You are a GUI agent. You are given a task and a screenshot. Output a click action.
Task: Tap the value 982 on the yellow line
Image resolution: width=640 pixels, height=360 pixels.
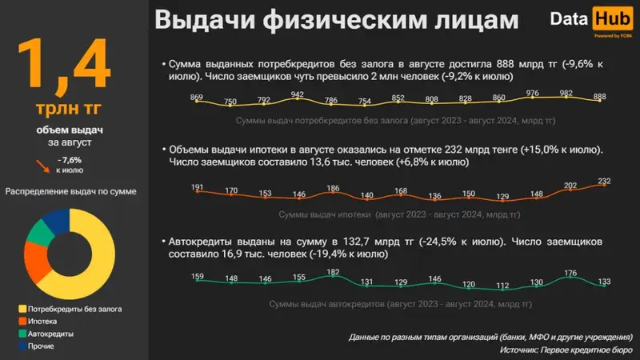(x=567, y=94)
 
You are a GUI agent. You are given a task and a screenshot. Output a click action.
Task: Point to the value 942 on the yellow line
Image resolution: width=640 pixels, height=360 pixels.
(x=298, y=94)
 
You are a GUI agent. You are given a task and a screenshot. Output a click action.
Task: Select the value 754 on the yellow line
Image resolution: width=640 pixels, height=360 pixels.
(x=364, y=102)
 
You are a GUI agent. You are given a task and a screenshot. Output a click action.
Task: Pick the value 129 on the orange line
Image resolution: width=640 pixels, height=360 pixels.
(x=502, y=197)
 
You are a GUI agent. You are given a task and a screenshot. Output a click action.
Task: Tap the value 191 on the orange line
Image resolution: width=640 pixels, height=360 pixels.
(x=198, y=188)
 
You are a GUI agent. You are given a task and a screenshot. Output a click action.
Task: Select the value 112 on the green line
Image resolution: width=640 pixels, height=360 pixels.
(x=502, y=286)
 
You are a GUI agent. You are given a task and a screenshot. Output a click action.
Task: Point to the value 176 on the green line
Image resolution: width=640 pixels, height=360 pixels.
(x=570, y=274)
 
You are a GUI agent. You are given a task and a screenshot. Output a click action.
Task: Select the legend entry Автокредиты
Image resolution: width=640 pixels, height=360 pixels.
(x=51, y=333)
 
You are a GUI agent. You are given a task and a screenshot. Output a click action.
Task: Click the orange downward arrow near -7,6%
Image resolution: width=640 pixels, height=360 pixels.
(x=40, y=165)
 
